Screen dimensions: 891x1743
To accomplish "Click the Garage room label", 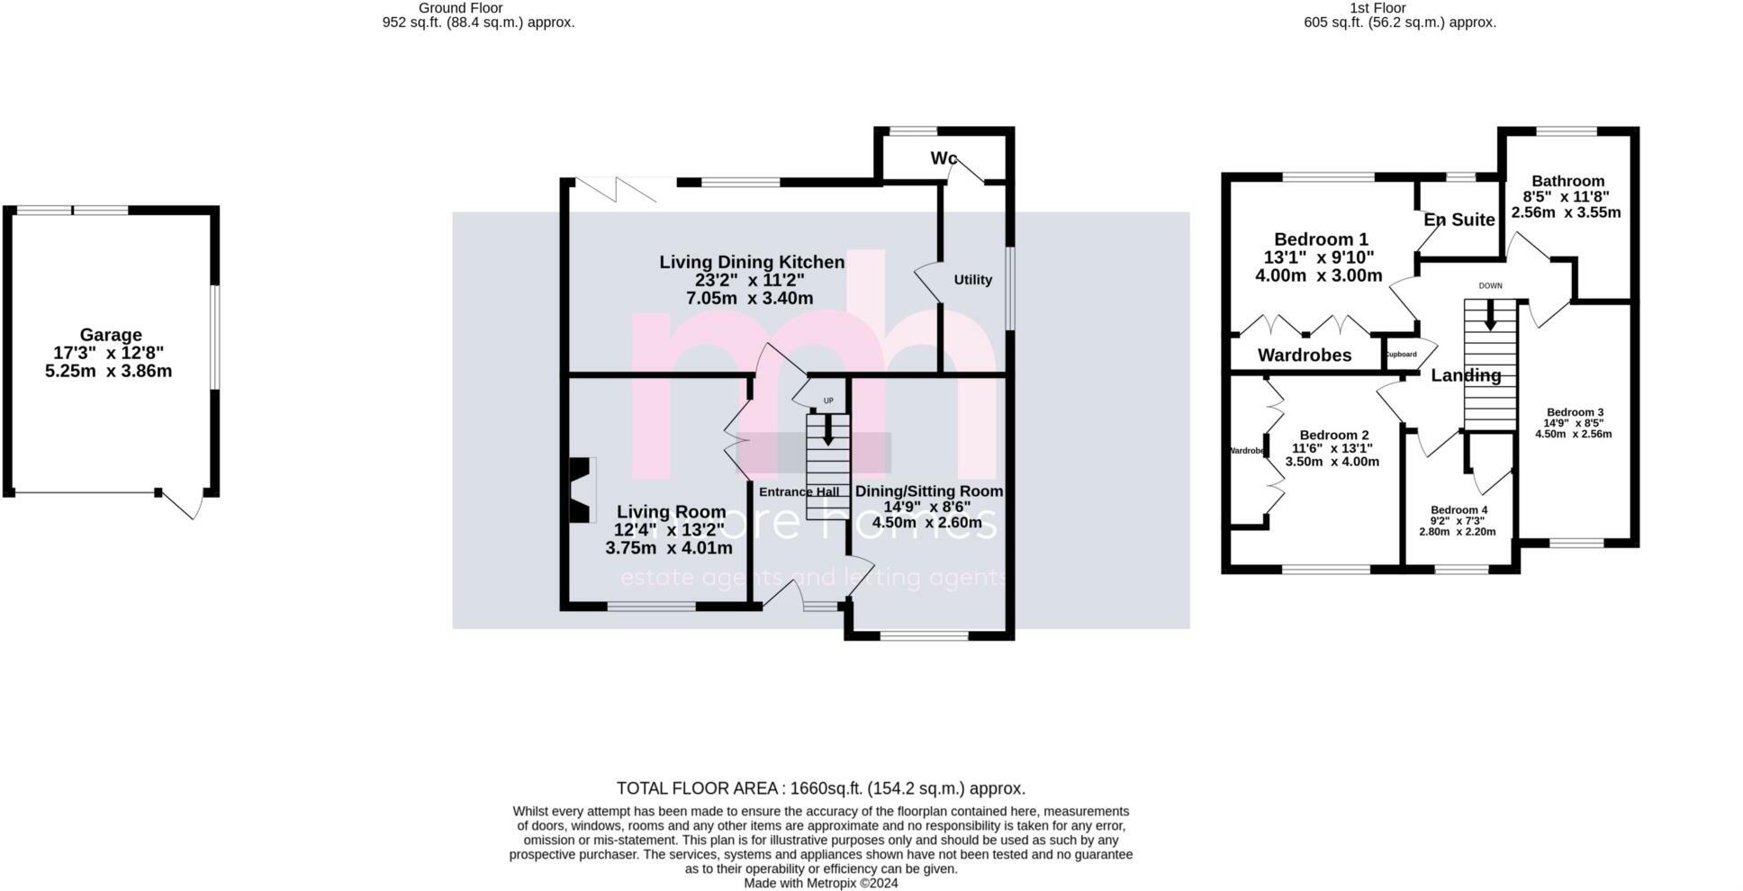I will point(110,335).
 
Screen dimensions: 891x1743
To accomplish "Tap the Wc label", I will point(944,158).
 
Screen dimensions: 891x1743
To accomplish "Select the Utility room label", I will point(972,280).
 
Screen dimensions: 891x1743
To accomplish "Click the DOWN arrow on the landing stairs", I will point(1490,315).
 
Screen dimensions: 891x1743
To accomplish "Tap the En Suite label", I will point(1459,220).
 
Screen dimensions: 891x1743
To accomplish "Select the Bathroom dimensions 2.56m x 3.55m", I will point(1566,213).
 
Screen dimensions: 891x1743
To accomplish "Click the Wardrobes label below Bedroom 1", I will point(1304,355).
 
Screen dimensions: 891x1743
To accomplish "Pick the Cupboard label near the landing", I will point(1400,355).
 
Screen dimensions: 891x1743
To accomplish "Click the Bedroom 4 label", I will point(1459,510).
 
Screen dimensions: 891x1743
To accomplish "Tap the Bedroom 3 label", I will point(1573,412).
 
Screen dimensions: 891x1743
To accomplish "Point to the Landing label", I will point(1466,375).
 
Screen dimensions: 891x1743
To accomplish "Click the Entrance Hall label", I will point(799,492).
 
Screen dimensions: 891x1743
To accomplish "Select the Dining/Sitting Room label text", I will point(928,491).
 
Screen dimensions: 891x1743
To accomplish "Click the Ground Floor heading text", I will point(461,8).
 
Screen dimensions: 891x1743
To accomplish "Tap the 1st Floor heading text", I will point(1377,8).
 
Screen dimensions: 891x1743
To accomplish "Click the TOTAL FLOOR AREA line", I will point(820,788).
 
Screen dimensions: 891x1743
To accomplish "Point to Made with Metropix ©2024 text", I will point(820,884).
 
